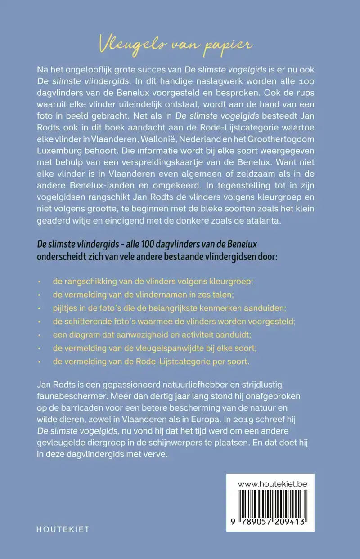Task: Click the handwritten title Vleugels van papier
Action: coord(176,45)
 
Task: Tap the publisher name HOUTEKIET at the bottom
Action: coord(63,529)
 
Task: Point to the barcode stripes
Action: coord(270,504)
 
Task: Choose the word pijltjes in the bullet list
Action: coord(65,308)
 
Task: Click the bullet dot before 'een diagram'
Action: coord(40,335)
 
